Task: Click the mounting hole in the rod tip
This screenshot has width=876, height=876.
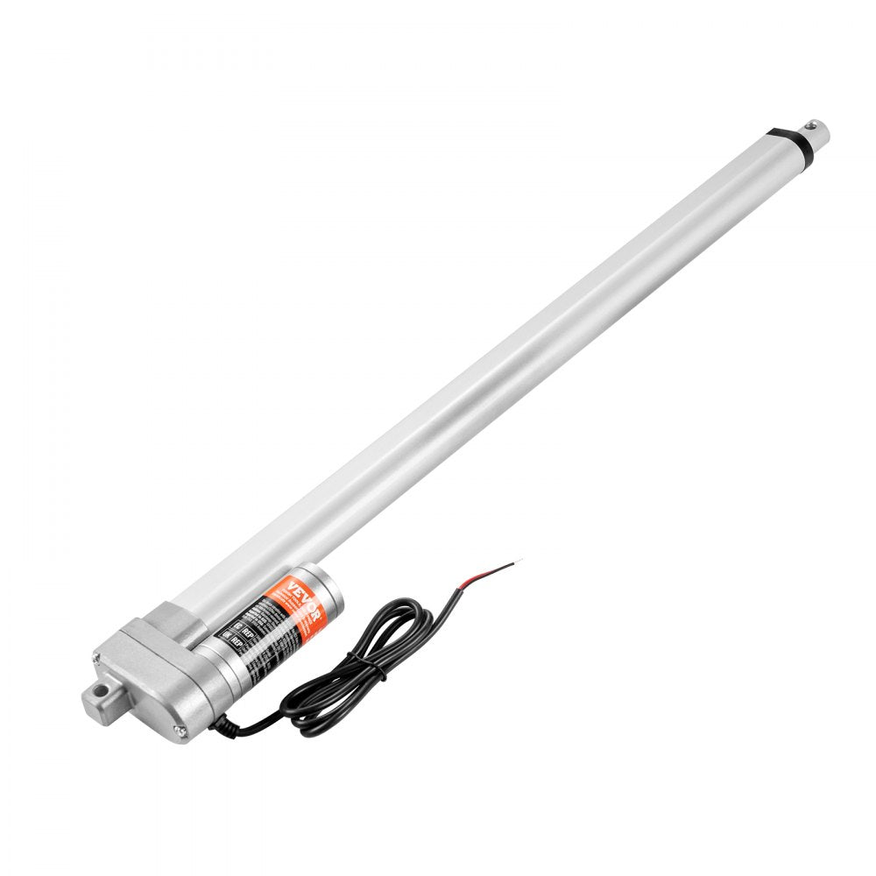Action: click(x=820, y=133)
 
